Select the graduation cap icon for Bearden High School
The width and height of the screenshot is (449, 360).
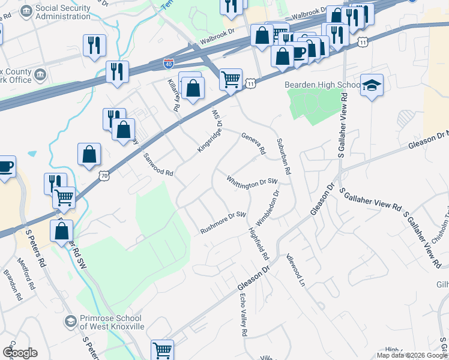372,86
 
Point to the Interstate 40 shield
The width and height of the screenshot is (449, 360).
169,62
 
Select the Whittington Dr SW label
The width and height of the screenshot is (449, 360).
252,181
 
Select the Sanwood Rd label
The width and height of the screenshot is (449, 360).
158,165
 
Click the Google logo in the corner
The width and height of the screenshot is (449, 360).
20,353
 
